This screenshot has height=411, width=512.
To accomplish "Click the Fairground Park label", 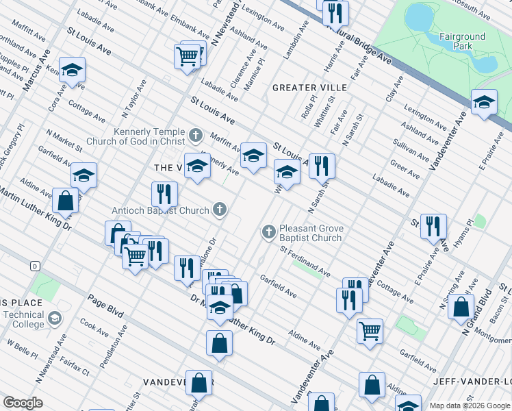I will [x=463, y=41].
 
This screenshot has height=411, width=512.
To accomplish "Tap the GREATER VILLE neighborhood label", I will [x=309, y=88].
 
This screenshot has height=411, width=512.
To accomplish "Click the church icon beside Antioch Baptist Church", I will [x=220, y=209].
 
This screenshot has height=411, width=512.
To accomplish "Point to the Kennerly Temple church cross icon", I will [x=196, y=135].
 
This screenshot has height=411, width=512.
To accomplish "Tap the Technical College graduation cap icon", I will [x=54, y=319].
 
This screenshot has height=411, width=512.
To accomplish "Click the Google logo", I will [x=23, y=403].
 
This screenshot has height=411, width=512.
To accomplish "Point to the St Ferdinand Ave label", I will [x=305, y=262].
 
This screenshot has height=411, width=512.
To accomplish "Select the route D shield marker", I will [x=34, y=265].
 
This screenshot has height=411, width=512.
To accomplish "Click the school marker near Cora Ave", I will [x=71, y=69].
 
